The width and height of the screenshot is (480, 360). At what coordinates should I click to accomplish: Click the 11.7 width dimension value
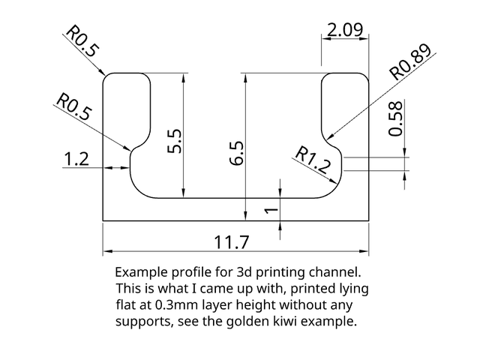click(232, 242)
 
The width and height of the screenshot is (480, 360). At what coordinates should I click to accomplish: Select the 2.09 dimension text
click(345, 30)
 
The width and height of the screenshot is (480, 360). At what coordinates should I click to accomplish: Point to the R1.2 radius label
click(313, 160)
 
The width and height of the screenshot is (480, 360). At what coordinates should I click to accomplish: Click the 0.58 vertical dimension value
click(395, 118)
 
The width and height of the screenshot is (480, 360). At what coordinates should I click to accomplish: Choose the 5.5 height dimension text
click(175, 140)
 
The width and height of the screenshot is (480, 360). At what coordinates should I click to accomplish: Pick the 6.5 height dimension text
click(237, 153)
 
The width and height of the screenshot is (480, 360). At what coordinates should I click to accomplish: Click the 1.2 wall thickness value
click(76, 159)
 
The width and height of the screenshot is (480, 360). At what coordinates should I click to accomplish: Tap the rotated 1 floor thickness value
click(271, 210)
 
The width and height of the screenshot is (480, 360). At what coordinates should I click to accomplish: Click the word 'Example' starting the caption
click(142, 272)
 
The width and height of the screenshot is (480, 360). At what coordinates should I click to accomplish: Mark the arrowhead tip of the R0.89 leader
click(328, 139)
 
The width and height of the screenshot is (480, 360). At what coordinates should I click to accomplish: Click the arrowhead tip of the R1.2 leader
click(337, 184)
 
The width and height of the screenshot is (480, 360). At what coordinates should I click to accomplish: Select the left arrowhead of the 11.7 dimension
click(103, 251)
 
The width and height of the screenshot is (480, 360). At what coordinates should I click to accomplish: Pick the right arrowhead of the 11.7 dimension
click(368, 251)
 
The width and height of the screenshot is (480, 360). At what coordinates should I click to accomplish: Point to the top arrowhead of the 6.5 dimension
click(245, 73)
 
